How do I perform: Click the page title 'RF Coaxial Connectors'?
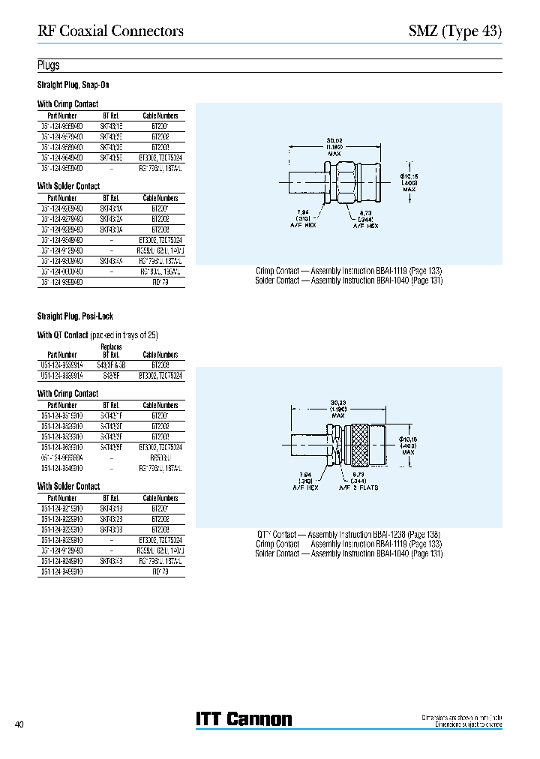[x=110, y=31]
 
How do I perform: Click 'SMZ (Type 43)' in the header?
[x=454, y=31]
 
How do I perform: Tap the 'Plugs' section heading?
[x=49, y=65]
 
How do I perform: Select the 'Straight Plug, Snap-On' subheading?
[x=73, y=85]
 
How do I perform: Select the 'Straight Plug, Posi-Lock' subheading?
[x=75, y=316]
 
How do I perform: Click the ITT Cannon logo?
[x=244, y=718]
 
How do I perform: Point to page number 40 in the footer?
[x=20, y=724]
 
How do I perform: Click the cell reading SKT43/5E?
[x=111, y=158]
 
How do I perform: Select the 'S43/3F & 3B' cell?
[x=111, y=364]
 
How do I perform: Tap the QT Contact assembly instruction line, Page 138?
[x=348, y=534]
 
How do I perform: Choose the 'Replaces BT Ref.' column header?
[x=111, y=351]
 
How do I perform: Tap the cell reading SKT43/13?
[x=111, y=508]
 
